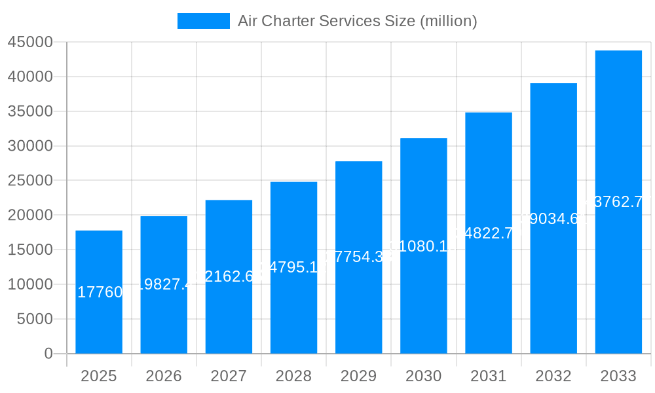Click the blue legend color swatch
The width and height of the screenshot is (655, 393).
[204, 21]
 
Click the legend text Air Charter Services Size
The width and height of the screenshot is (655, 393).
[357, 21]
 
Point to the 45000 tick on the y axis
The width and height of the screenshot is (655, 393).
[30, 43]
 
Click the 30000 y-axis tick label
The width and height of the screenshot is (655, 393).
[30, 146]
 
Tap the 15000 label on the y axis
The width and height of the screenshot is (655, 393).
[30, 250]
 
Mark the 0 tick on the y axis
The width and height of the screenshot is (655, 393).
[48, 354]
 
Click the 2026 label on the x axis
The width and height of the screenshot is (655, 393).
[164, 376]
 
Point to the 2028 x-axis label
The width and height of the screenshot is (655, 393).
[293, 376]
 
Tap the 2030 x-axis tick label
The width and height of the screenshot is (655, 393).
[424, 376]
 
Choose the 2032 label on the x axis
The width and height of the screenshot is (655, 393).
[553, 376]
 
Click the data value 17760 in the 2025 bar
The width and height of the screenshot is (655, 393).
[100, 292]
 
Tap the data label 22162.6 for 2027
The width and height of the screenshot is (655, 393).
[229, 276]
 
